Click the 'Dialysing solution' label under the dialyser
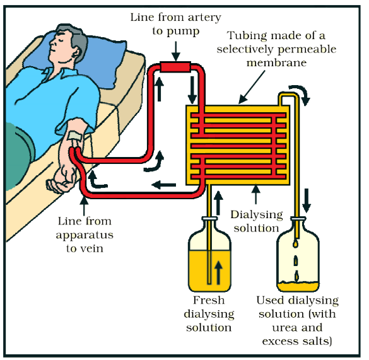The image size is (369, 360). (x=255, y=220)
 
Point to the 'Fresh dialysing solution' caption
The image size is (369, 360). (x=209, y=314)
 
